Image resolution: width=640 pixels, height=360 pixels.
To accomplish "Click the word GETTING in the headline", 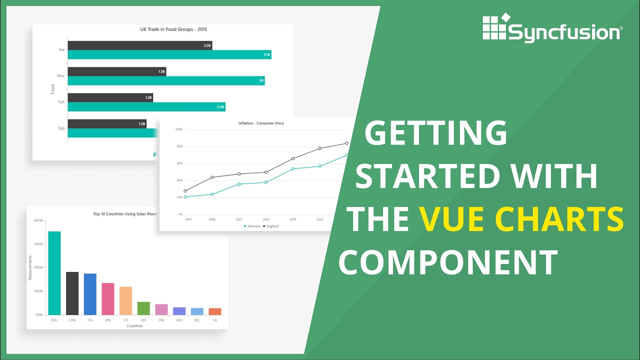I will click(435, 133).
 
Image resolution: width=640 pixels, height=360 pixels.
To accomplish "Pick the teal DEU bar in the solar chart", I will click(54, 273).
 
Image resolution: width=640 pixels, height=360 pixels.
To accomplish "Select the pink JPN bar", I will click(108, 299).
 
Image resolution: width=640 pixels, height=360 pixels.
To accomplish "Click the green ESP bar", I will click(143, 308).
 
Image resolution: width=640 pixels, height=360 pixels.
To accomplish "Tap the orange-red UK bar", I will click(215, 311).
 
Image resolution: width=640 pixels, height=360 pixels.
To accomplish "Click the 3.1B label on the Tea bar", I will click(266, 54).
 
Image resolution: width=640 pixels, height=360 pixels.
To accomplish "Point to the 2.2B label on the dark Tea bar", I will click(207, 45).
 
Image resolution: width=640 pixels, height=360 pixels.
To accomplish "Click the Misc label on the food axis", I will click(60, 75).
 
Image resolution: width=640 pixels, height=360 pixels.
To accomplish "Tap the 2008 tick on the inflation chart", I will click(266, 219).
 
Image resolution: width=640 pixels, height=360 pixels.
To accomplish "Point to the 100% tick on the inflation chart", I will click(178, 129).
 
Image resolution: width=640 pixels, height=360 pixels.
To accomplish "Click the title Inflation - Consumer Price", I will click(261, 123).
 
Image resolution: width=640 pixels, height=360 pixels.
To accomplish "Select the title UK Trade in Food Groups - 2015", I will click(173, 29).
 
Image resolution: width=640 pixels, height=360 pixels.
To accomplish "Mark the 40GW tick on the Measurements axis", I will click(38, 220).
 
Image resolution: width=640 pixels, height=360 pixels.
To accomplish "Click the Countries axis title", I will click(134, 326).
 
